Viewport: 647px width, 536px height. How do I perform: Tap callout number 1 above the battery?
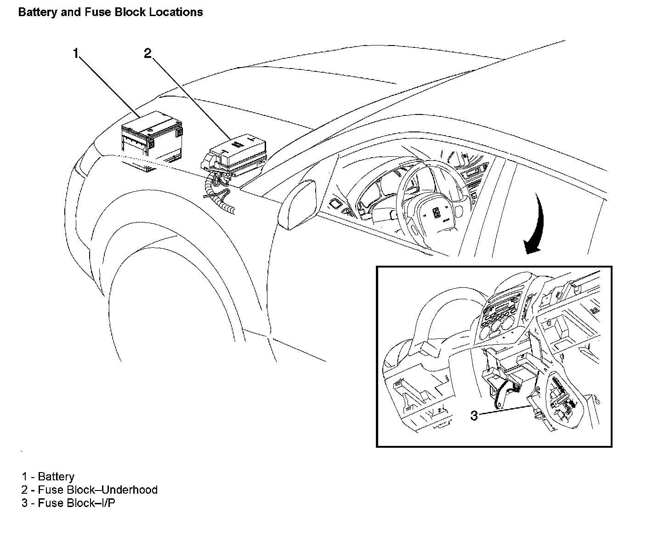coord(76,54)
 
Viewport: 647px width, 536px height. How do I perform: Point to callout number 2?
coord(147,54)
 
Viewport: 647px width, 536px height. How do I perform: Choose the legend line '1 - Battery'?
coord(48,477)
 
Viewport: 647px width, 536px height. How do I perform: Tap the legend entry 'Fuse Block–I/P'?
coord(76,503)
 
